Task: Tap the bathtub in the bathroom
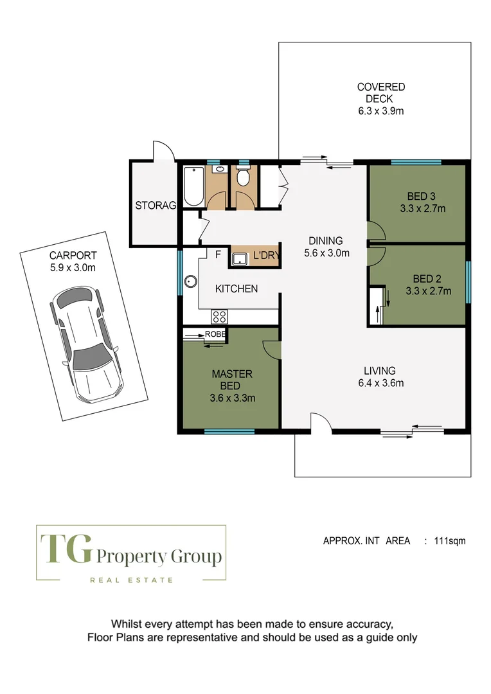(x=193, y=186)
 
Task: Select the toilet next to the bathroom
(x=242, y=177)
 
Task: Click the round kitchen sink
(x=191, y=281)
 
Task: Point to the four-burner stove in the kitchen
(x=219, y=316)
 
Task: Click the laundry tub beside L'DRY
(x=240, y=258)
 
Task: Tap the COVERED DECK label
(x=381, y=93)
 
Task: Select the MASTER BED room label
(x=232, y=380)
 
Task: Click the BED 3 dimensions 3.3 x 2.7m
(x=422, y=208)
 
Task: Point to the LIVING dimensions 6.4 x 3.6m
(x=379, y=384)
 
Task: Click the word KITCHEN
(x=237, y=289)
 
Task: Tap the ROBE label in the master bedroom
(x=215, y=334)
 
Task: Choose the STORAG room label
(x=155, y=206)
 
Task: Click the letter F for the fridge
(x=218, y=254)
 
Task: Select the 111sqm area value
(x=450, y=541)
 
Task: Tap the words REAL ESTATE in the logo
(x=131, y=580)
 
